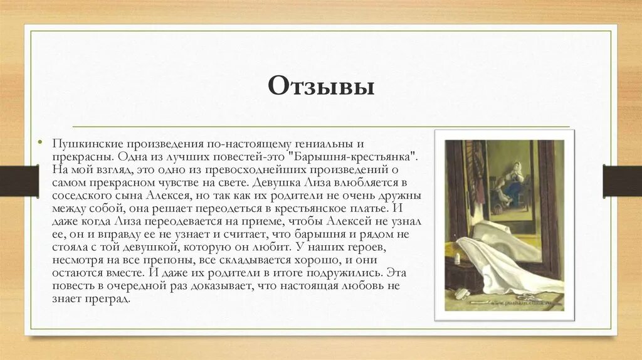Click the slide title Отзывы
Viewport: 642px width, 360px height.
click(321, 86)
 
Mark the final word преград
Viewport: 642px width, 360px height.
click(110, 299)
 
